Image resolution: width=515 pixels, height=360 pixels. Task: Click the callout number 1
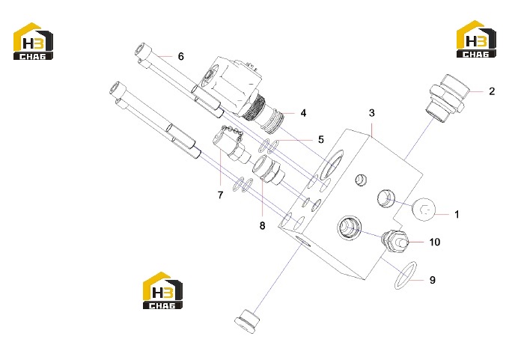[457, 215]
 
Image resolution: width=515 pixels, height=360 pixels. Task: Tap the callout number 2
[492, 91]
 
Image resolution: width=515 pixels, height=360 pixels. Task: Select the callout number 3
[371, 113]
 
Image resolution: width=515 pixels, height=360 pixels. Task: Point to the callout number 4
[303, 113]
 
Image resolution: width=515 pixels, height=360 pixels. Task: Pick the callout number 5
[321, 140]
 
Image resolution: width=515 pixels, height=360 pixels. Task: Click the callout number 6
[180, 56]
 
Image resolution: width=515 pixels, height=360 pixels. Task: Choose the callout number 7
[220, 195]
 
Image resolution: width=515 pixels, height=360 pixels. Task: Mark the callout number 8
[262, 226]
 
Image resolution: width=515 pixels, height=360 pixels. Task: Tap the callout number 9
[432, 280]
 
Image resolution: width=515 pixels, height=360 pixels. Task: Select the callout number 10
[434, 242]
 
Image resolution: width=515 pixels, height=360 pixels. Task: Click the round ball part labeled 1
[424, 210]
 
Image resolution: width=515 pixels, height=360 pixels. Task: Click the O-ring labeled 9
[406, 275]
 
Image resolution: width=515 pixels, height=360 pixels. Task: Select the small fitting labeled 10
[394, 240]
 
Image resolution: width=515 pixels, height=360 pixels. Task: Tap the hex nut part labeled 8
[268, 170]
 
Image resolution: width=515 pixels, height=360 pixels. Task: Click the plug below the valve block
[246, 320]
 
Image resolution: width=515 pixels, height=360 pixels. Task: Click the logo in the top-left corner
[33, 41]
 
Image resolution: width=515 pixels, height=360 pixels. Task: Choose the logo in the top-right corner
[476, 39]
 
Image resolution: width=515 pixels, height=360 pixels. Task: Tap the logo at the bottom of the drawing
[162, 290]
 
